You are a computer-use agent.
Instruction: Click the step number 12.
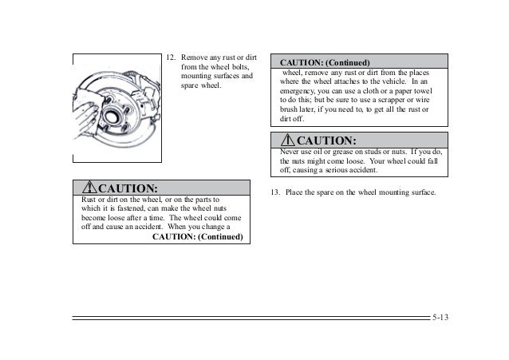point(169,58)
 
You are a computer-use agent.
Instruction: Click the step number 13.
point(275,193)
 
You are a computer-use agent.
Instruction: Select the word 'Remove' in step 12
point(195,58)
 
